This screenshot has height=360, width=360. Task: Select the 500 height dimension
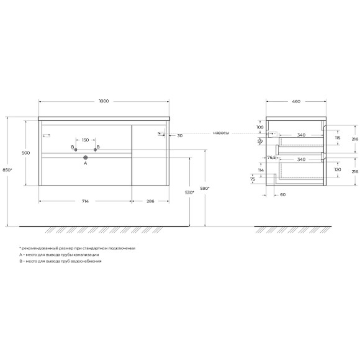click(25, 153)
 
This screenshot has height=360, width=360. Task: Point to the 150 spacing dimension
click(85, 140)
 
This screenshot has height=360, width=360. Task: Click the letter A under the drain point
click(86, 164)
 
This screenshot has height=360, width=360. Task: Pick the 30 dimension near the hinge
click(179, 135)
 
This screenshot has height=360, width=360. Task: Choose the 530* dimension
click(190, 193)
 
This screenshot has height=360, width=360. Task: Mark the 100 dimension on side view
click(259, 127)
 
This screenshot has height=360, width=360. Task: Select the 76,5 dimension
click(271, 157)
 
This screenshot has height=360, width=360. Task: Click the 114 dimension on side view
click(261, 169)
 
